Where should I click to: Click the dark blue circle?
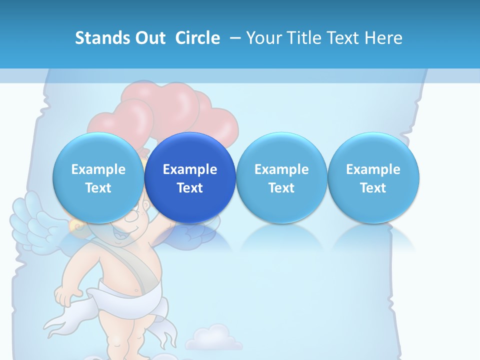[190, 177]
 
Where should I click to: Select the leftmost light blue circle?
[98, 177]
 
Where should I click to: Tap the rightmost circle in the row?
[373, 177]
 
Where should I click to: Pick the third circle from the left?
[281, 177]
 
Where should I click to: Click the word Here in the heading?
[384, 38]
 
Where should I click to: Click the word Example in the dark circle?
[190, 169]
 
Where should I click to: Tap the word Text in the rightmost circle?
[373, 188]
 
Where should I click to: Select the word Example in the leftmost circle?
[98, 169]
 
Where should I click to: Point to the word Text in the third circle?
[281, 188]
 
